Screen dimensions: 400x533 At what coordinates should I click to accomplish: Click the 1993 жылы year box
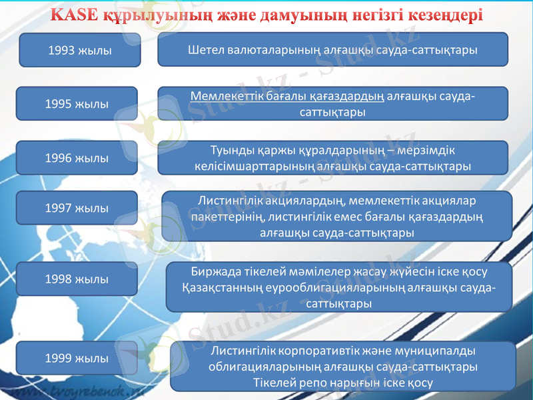coord(80,50)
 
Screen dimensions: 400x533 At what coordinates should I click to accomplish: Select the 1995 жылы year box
coord(77,103)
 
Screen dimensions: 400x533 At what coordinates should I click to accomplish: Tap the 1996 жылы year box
coord(77,158)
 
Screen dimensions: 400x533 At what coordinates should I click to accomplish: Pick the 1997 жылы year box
coord(77,208)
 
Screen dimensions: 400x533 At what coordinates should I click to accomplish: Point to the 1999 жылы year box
coord(77,358)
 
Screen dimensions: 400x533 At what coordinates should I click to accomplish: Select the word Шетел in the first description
coord(209,49)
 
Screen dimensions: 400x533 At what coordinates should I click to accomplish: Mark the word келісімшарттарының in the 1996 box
coord(247,165)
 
